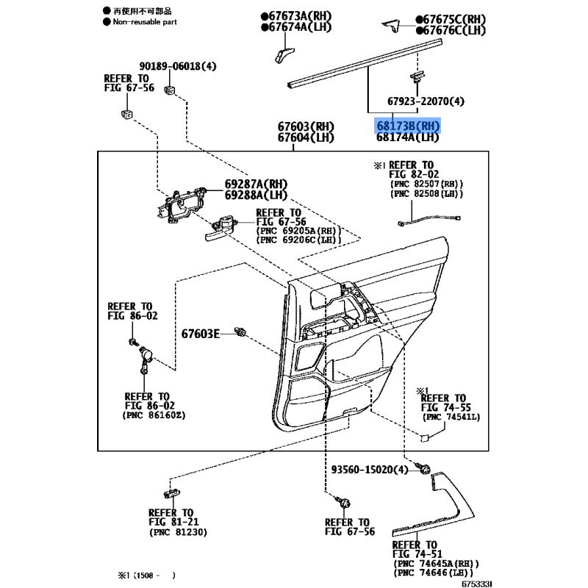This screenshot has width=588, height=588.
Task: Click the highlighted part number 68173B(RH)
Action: pyautogui.click(x=408, y=126)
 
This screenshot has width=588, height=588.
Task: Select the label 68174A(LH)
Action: pyautogui.click(x=408, y=137)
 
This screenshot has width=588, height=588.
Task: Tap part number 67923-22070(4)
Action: pyautogui.click(x=426, y=101)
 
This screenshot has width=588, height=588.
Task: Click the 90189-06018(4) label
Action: pyautogui.click(x=178, y=66)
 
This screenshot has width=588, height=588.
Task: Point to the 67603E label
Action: pyautogui.click(x=200, y=334)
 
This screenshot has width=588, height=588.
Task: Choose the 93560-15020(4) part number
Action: pyautogui.click(x=370, y=470)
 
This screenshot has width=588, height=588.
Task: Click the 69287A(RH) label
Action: pyautogui.click(x=256, y=184)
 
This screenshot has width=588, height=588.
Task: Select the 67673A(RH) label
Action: pyautogui.click(x=296, y=16)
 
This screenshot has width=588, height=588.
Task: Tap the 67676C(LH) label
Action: pyautogui.click(x=451, y=30)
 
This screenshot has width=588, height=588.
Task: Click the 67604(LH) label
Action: pyautogui.click(x=306, y=137)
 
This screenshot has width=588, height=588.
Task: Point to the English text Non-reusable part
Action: pyautogui.click(x=145, y=22)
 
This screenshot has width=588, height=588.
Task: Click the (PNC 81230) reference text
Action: pyautogui.click(x=178, y=532)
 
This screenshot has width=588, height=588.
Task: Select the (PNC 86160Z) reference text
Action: pyautogui.click(x=154, y=415)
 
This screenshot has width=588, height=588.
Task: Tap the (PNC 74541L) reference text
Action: pyautogui.click(x=451, y=417)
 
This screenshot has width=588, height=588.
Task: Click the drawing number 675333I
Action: pyautogui.click(x=476, y=584)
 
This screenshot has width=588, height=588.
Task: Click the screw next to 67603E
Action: pyautogui.click(x=240, y=331)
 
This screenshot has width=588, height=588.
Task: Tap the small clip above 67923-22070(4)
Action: pyautogui.click(x=417, y=77)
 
